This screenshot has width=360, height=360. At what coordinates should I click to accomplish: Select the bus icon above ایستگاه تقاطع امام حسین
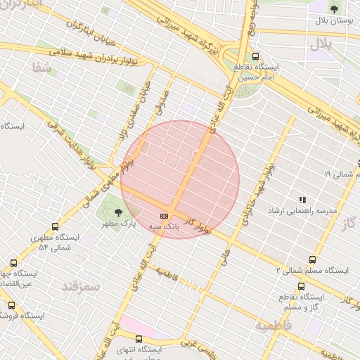(255, 57)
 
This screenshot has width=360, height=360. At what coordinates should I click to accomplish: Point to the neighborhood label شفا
(41, 68)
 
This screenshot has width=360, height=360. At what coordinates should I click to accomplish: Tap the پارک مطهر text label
(117, 223)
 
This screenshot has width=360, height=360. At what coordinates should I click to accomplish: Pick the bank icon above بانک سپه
(164, 216)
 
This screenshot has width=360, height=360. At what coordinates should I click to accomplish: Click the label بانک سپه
(164, 227)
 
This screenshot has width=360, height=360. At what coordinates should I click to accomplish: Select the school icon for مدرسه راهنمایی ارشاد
(303, 200)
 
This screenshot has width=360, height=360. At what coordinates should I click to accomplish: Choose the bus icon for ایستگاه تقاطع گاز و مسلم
(302, 286)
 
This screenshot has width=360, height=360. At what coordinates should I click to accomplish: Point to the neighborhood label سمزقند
(82, 286)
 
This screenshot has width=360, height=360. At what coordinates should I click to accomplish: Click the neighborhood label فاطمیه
(272, 326)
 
